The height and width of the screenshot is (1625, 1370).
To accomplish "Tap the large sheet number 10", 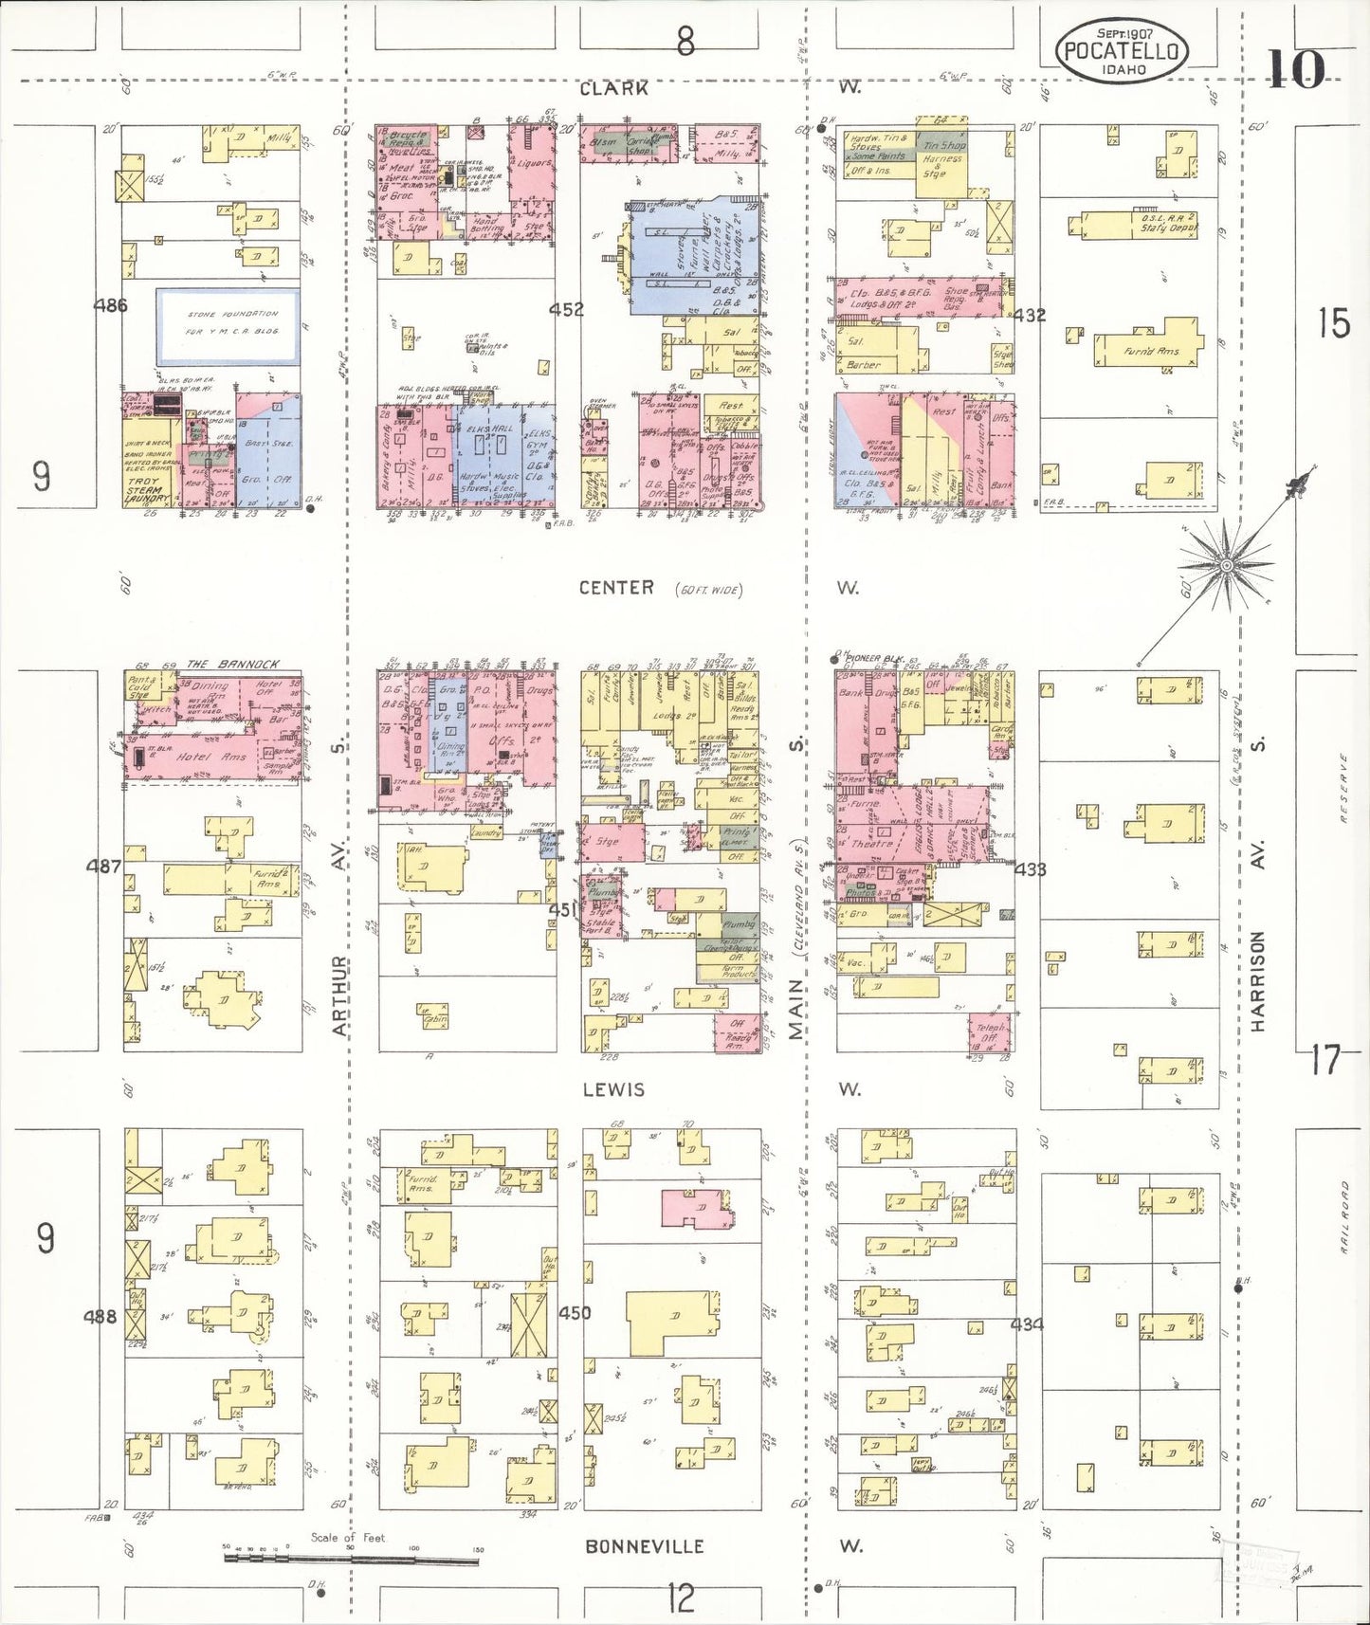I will coord(1296,69).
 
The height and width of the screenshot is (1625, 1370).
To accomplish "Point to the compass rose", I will coord(1226,565).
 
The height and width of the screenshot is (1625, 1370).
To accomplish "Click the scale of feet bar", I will coord(351,1557).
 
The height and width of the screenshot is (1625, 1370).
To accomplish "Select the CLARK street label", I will coord(614,88).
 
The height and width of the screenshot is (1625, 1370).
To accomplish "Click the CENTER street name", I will coord(616,588).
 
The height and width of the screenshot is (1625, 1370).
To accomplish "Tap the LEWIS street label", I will coord(614,1090).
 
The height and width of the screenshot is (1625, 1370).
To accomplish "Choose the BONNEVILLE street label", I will coord(645,1546).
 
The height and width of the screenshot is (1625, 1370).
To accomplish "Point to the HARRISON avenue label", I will coord(1258,980).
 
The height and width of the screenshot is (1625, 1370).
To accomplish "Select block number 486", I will coord(111,305).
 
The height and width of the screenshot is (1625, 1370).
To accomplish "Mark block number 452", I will coord(566,309).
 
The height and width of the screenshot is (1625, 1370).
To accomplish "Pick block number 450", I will coord(575,1313).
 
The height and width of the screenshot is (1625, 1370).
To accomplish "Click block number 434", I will coord(1028,1324).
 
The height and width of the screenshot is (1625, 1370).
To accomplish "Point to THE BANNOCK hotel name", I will coord(233,664).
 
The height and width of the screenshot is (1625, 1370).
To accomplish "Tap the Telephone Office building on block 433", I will coord(992,1032).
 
